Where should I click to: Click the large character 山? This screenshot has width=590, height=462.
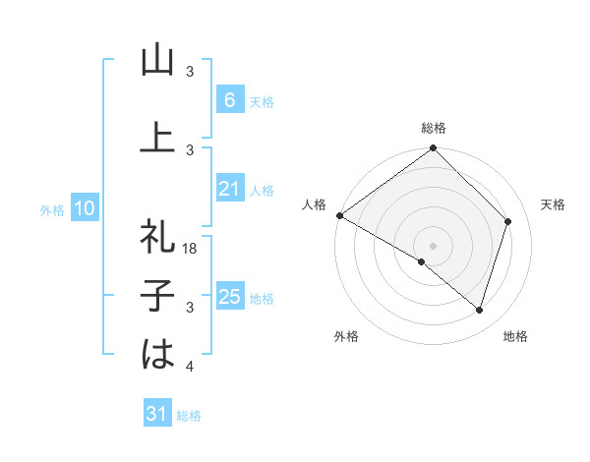tap(157, 61)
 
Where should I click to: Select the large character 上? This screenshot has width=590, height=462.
tap(157, 138)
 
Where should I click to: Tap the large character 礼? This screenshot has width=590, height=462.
tap(157, 236)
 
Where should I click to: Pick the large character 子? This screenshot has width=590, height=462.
tap(157, 295)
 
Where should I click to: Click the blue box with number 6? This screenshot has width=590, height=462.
tap(228, 100)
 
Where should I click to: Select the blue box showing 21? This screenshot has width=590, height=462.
tap(228, 189)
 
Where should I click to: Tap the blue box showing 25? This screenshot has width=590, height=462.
tap(228, 297)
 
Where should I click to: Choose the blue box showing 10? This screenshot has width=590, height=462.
tap(85, 208)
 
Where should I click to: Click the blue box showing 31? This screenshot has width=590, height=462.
tap(157, 415)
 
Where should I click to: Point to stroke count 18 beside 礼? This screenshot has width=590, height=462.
tap(192, 249)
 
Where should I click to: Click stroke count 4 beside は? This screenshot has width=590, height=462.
tap(190, 367)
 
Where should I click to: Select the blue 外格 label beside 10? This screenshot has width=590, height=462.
tap(51, 209)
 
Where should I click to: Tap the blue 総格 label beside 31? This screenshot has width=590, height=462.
tap(189, 416)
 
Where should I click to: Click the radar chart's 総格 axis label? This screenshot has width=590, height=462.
tap(434, 128)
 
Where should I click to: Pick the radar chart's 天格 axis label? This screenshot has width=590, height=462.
tap(554, 204)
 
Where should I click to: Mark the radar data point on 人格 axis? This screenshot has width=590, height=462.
tap(339, 215)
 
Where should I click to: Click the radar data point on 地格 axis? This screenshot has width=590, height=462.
tap(479, 311)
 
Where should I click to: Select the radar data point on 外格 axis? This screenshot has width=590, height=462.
tap(422, 262)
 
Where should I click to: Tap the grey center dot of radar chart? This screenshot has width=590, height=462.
tap(434, 245)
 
